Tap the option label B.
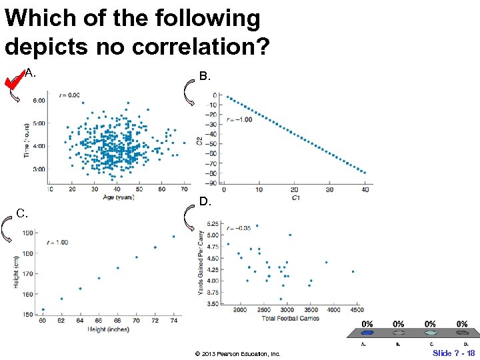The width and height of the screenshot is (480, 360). click(205, 77)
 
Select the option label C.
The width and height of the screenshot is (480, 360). click(22, 214)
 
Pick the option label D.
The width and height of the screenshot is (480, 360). click(205, 201)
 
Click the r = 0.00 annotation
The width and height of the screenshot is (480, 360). click(69, 95)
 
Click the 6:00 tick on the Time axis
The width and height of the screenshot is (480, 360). click(39, 100)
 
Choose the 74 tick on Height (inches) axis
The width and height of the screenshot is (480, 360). click(173, 321)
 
